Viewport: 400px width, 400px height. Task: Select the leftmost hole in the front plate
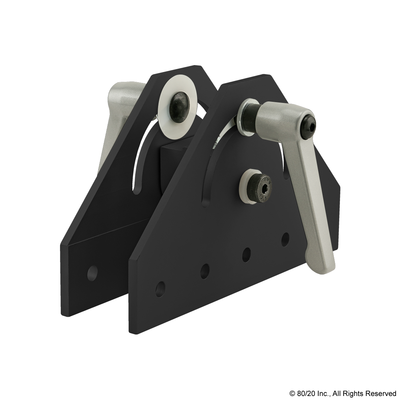tap(159, 289)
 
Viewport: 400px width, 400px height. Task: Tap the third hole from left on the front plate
tap(247, 253)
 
